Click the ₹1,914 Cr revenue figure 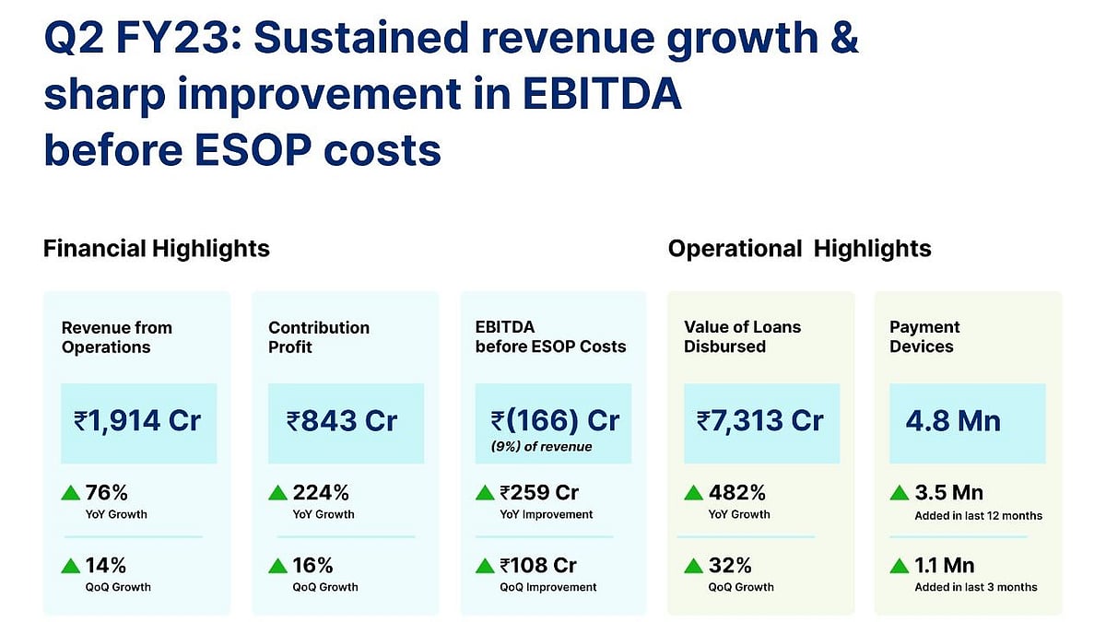(138, 421)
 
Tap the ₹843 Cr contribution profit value (342, 421)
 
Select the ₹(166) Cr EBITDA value (555, 419)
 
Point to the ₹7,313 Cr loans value (760, 421)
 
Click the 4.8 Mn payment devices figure (953, 421)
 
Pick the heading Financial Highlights (157, 249)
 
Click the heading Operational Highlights (799, 249)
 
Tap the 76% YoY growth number (105, 492)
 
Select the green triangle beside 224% (277, 493)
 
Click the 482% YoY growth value (737, 492)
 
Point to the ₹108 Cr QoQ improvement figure (539, 565)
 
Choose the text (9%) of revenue (541, 447)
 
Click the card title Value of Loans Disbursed (742, 336)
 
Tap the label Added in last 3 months (975, 587)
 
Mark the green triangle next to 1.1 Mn (900, 566)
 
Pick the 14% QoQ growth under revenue (105, 565)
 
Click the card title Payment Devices (924, 336)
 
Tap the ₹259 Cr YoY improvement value (539, 492)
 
